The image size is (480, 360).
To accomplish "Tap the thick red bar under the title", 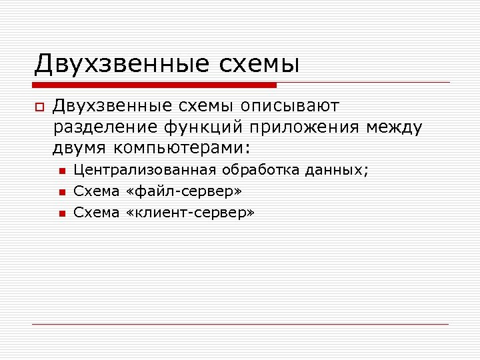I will point(155,85).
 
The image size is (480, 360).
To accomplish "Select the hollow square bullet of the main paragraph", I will point(39,107).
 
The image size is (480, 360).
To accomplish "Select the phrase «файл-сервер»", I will point(184,192).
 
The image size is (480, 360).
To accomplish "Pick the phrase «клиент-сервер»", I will point(190,213).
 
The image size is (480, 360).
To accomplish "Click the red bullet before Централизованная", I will point(61,172).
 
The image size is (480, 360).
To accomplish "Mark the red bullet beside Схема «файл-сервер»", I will point(61,193).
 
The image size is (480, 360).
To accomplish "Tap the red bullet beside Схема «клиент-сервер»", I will point(61,213).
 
